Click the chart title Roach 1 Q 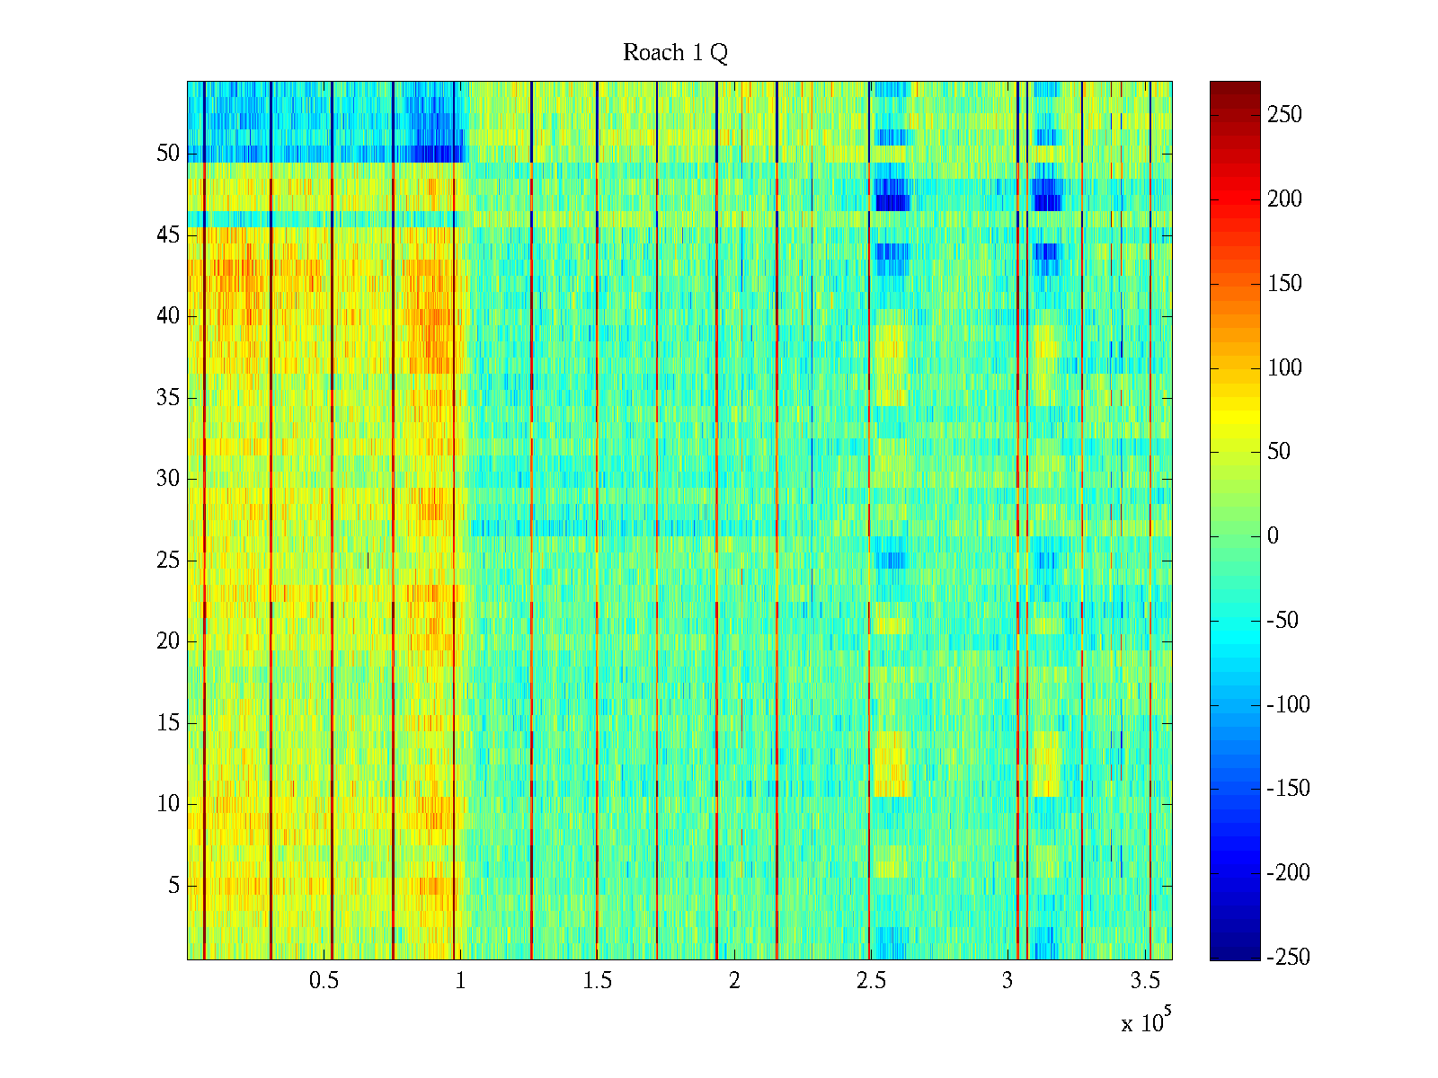(675, 53)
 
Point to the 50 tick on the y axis (168, 154)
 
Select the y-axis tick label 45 (168, 235)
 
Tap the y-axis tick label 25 (168, 561)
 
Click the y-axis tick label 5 (173, 886)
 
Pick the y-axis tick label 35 (168, 398)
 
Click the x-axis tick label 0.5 (324, 981)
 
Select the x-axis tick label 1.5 (597, 981)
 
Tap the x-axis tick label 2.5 (870, 981)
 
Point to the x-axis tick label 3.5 (1144, 981)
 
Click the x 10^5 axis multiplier (1145, 1022)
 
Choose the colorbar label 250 (1284, 115)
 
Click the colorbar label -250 (1288, 958)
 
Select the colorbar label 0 (1273, 536)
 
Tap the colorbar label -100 (1288, 705)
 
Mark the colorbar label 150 (1284, 284)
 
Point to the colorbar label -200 (1288, 873)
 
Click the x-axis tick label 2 (734, 981)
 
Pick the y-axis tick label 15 (168, 723)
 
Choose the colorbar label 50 (1279, 452)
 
